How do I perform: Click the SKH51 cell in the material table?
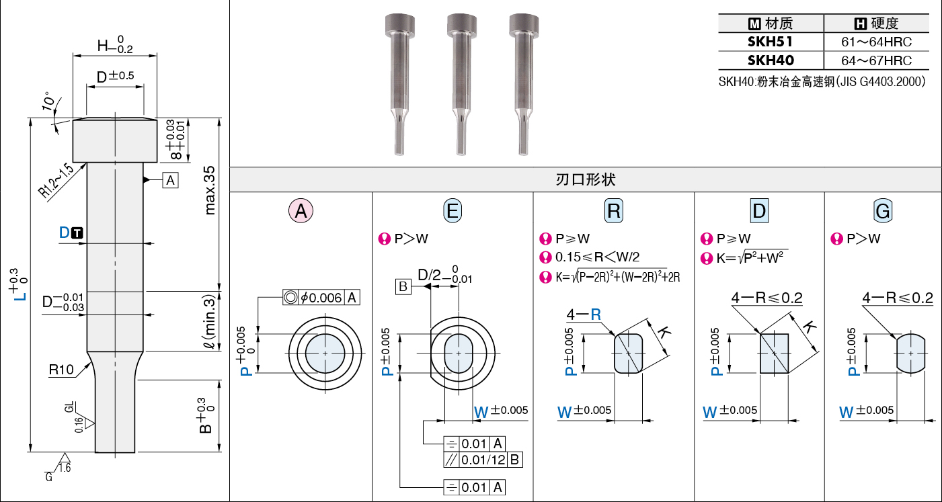point(771,42)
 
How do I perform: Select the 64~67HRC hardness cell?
point(876,60)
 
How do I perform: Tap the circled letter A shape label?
point(301,210)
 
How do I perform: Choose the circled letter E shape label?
point(453,210)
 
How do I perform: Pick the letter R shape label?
point(614,210)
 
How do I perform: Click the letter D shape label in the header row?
point(759,210)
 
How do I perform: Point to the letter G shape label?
point(883,210)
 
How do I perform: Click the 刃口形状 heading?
point(586,180)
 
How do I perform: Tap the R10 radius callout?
point(61,370)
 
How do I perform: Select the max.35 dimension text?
point(210,190)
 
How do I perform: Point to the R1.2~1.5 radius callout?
point(56,180)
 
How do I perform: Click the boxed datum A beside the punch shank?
point(170,180)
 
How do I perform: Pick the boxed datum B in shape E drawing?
point(403,287)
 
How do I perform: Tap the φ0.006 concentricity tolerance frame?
point(321,298)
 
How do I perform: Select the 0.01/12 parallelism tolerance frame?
point(483,460)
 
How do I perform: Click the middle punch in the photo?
point(461,84)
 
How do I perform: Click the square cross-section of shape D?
point(774,353)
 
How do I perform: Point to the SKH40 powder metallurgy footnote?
point(822,81)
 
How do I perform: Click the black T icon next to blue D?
point(77,233)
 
